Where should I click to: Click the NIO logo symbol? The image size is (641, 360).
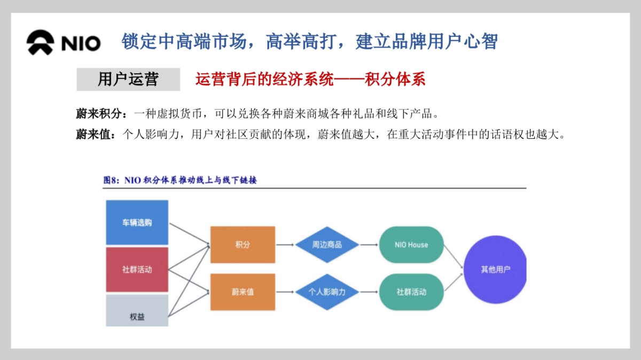tap(40, 42)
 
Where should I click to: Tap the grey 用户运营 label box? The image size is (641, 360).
tap(128, 79)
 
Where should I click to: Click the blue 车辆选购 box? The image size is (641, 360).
tap(137, 222)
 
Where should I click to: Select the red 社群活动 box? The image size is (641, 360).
tap(137, 270)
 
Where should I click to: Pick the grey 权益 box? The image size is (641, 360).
tap(137, 310)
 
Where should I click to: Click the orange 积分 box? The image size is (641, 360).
tap(243, 245)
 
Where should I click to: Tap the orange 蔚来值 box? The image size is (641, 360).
tap(243, 292)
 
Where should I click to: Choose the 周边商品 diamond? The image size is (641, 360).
tap(327, 245)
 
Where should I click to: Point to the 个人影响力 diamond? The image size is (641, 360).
tap(327, 292)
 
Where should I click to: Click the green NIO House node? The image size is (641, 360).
tap(411, 245)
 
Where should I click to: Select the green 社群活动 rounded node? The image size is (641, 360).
tap(411, 292)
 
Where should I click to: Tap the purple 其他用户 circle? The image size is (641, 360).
tap(495, 269)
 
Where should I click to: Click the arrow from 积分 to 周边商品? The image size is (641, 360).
tap(285, 245)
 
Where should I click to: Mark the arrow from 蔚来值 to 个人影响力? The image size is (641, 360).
tap(285, 292)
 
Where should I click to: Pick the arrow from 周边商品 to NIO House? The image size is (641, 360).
tap(369, 245)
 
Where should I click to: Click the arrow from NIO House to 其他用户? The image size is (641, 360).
tap(454, 257)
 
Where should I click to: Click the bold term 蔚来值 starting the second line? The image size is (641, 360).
tap(93, 134)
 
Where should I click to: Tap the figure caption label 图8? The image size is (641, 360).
tap(110, 180)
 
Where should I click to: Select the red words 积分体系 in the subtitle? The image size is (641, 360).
tap(395, 79)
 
